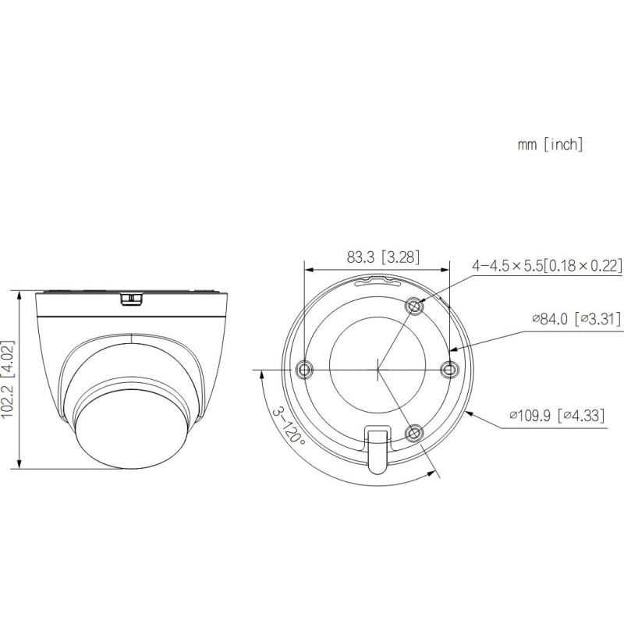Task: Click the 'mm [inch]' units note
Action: [550, 144]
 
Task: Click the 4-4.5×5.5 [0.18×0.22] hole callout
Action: [546, 266]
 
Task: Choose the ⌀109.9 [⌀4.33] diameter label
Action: [557, 416]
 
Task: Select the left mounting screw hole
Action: [306, 368]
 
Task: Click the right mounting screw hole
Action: [449, 368]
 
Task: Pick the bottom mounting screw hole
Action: [415, 431]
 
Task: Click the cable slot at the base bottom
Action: [378, 445]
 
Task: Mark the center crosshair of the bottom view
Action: [378, 368]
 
